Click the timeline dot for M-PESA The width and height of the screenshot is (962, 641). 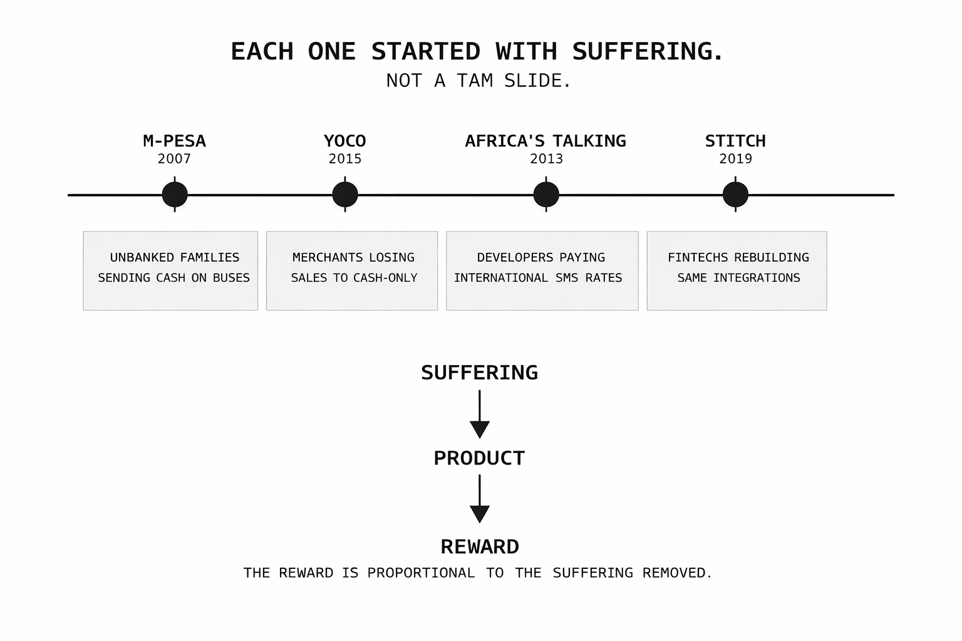175,195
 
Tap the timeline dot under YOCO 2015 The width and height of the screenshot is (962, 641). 345,195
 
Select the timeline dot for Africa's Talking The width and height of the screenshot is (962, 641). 546,195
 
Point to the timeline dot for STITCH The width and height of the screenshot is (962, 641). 735,195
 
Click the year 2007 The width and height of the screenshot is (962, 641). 174,159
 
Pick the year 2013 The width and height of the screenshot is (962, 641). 546,159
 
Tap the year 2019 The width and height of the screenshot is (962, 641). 735,159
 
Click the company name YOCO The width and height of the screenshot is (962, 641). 345,141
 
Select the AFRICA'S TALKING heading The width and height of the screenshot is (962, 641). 546,141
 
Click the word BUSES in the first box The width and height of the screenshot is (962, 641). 231,278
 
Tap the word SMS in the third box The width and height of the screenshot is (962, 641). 567,278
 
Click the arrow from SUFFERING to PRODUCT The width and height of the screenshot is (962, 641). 480,414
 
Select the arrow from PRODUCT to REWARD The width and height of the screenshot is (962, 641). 480,499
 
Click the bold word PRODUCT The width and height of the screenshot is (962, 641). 480,458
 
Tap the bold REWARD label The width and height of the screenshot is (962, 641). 480,547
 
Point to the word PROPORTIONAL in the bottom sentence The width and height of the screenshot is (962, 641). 421,573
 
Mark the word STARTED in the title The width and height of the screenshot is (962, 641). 426,51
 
